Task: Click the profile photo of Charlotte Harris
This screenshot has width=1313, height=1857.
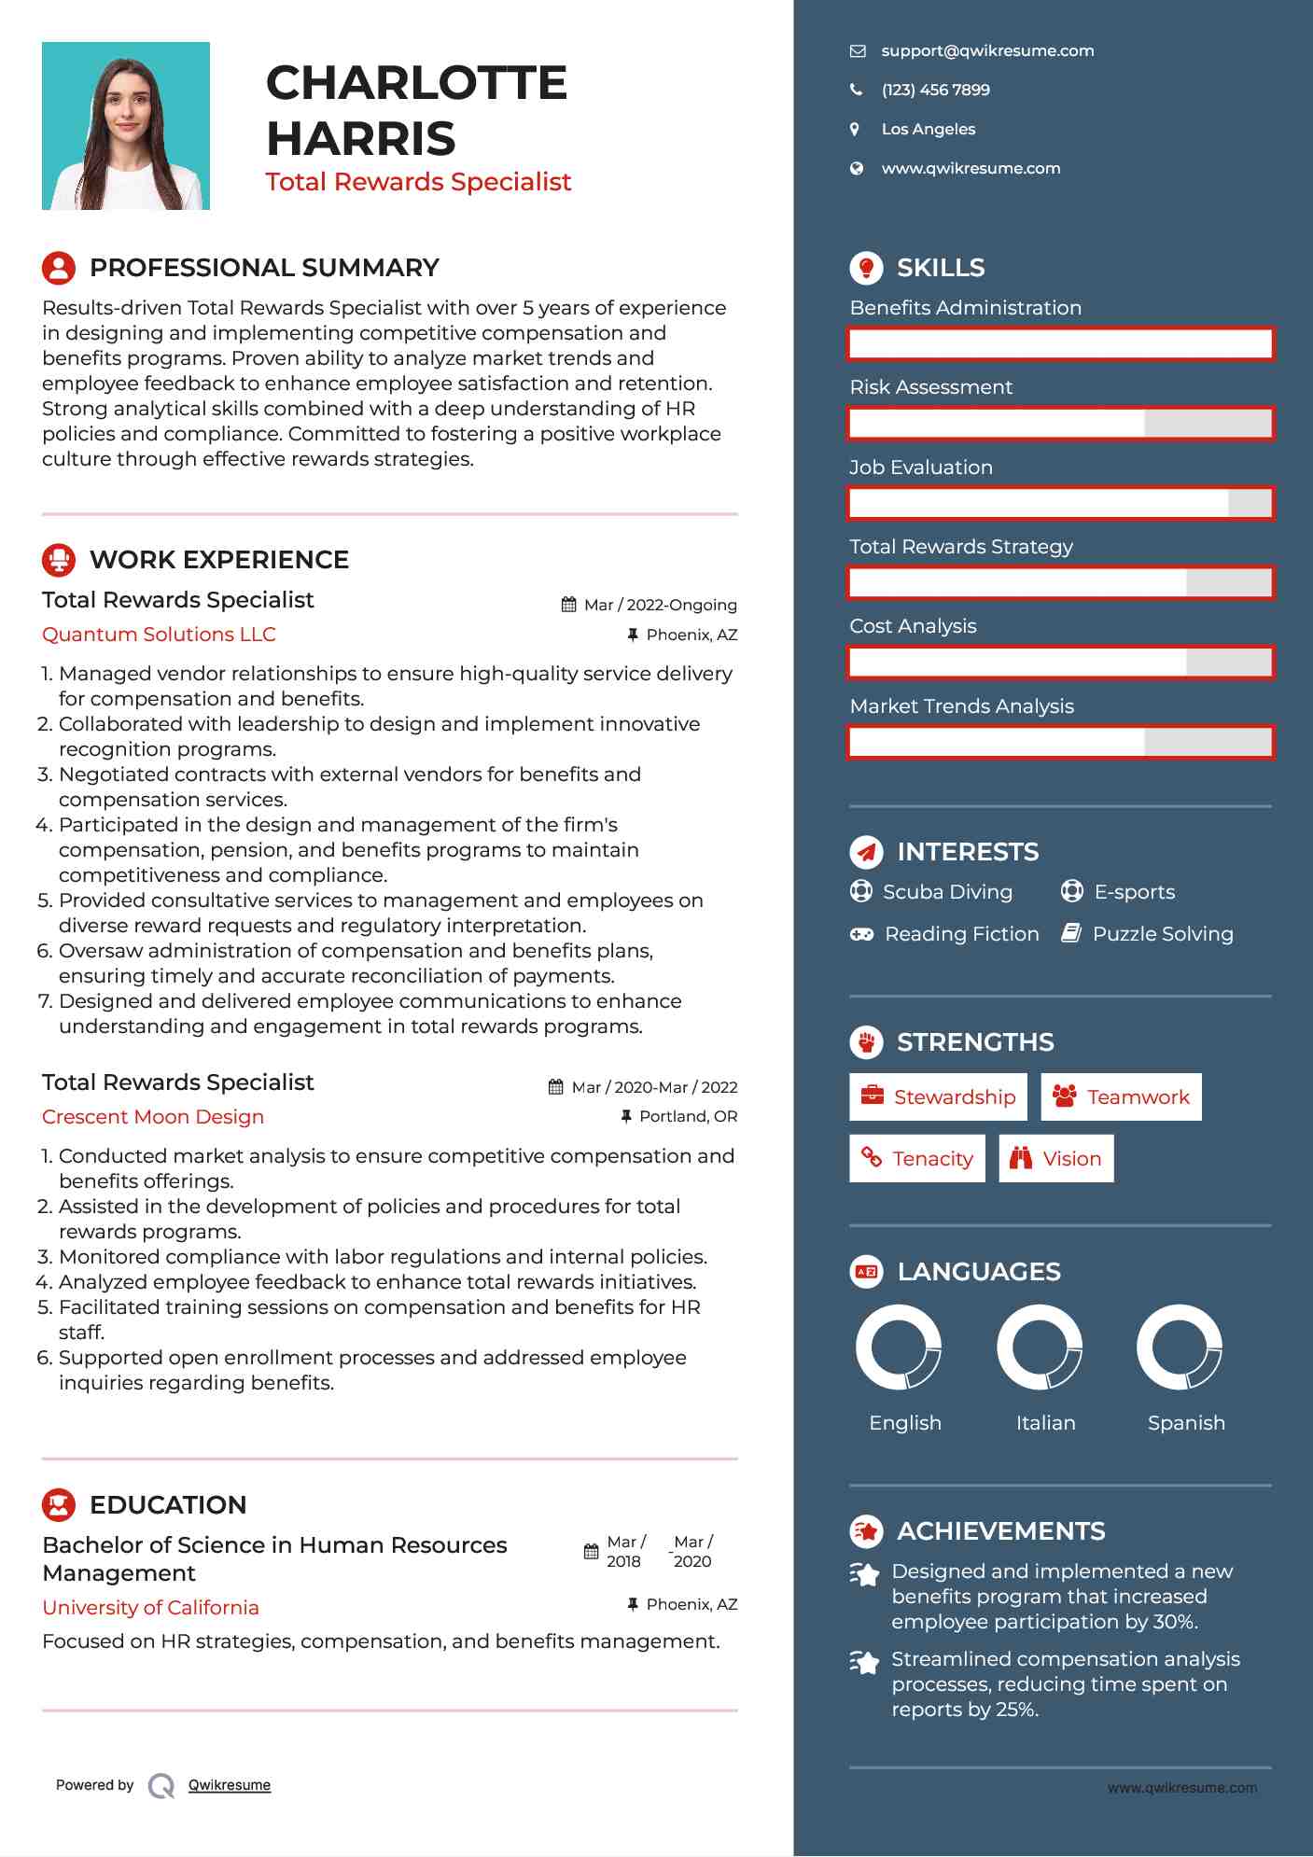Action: point(126,126)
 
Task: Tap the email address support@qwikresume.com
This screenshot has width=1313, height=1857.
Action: point(987,51)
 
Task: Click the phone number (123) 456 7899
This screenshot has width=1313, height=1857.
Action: point(935,91)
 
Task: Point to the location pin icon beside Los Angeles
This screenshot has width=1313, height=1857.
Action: point(855,130)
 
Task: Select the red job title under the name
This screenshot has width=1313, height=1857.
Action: point(418,182)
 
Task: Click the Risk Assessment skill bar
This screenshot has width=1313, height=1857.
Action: point(1060,424)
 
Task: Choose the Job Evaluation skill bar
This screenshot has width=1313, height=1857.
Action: point(1060,504)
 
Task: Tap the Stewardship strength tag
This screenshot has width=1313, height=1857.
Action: point(938,1097)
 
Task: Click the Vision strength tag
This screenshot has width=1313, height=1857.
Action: point(1056,1159)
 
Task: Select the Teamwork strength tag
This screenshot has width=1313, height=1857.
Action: point(1121,1097)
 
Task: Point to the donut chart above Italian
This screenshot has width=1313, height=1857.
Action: point(1040,1347)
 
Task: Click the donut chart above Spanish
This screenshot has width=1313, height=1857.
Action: point(1180,1347)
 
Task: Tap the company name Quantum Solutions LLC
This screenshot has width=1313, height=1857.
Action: point(159,635)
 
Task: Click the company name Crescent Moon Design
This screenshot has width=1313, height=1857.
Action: point(153,1117)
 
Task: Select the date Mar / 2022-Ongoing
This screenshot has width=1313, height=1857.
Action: point(660,606)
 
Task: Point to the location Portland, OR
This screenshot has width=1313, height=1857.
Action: point(688,1117)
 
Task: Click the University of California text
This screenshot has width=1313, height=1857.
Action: point(150,1608)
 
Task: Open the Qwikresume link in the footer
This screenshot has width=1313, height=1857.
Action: point(230,1785)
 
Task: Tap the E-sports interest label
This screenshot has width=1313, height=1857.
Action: point(1134,892)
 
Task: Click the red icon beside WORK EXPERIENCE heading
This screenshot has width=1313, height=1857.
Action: point(59,560)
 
